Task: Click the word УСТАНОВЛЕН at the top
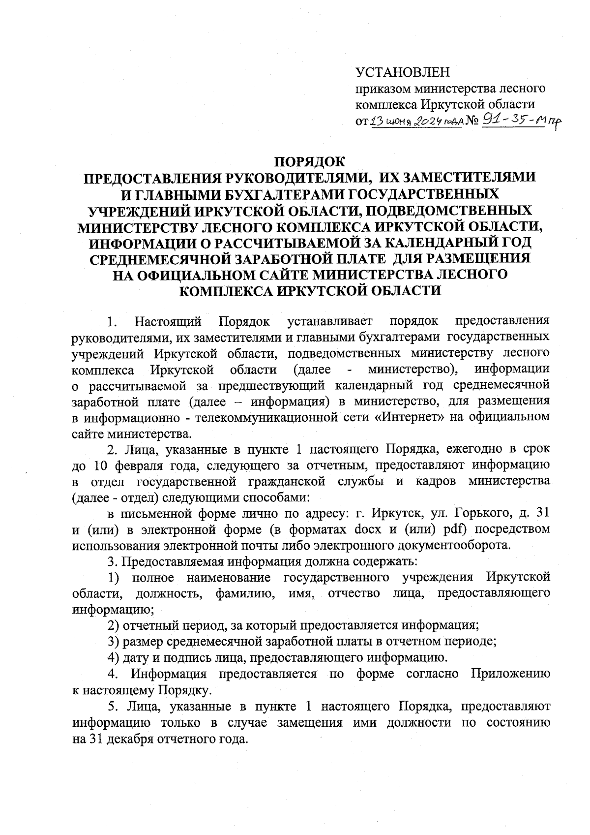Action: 403,73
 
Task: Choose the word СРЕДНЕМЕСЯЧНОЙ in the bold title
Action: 177,259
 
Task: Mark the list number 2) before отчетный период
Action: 114,625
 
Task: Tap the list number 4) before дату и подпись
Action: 114,657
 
